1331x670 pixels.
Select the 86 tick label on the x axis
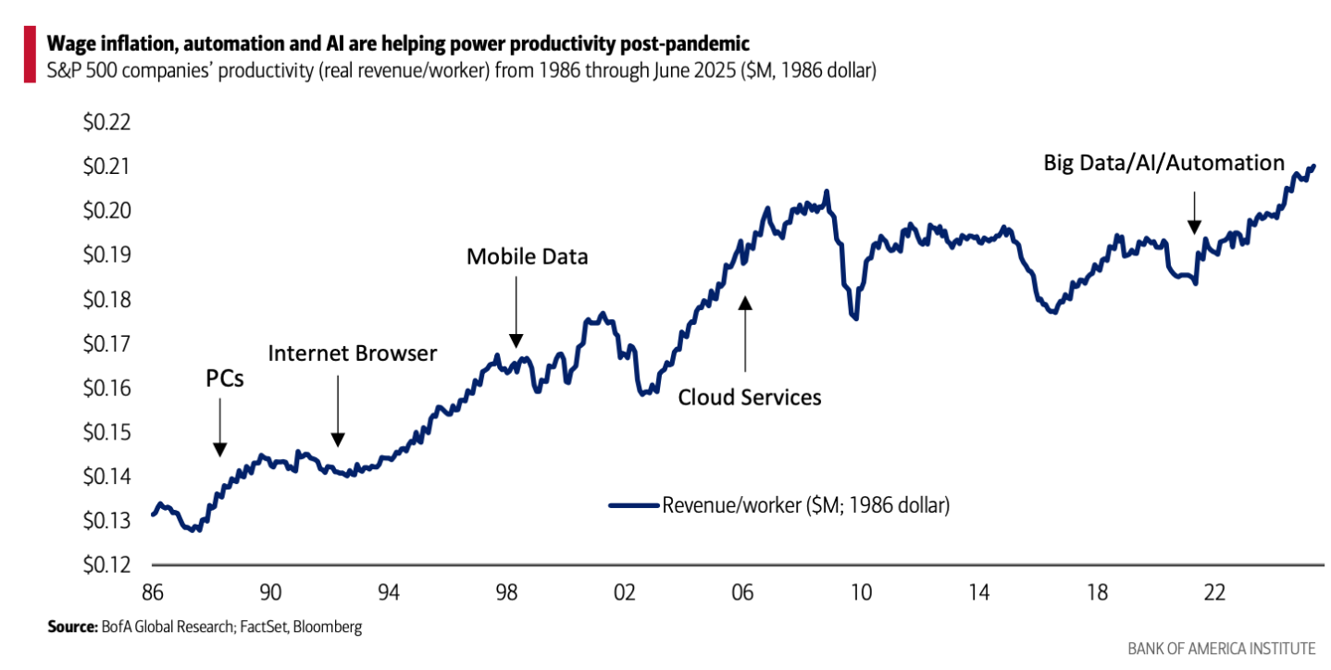pos(152,591)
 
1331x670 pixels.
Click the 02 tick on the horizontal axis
pos(625,591)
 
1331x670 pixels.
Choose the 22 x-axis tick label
pos(1215,591)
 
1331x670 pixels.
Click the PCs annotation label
pos(225,378)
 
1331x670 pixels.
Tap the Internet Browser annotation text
pos(352,353)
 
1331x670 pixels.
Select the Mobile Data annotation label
pos(527,256)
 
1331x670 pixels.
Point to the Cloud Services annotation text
pos(750,397)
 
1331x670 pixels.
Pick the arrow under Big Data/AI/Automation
pos(1194,213)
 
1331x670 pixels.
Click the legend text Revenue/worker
pos(806,505)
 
